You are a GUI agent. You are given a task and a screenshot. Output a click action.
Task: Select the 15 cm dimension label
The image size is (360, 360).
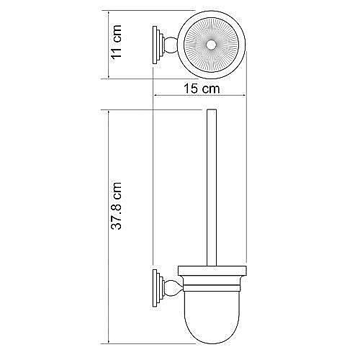tap(200, 89)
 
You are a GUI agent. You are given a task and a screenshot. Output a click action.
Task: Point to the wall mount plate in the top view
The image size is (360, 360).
tap(155, 46)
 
